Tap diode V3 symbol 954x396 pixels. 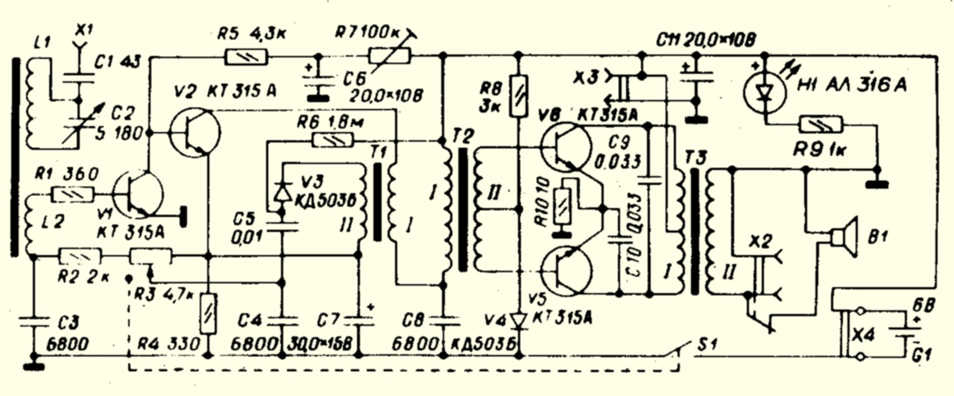click(x=282, y=192)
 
